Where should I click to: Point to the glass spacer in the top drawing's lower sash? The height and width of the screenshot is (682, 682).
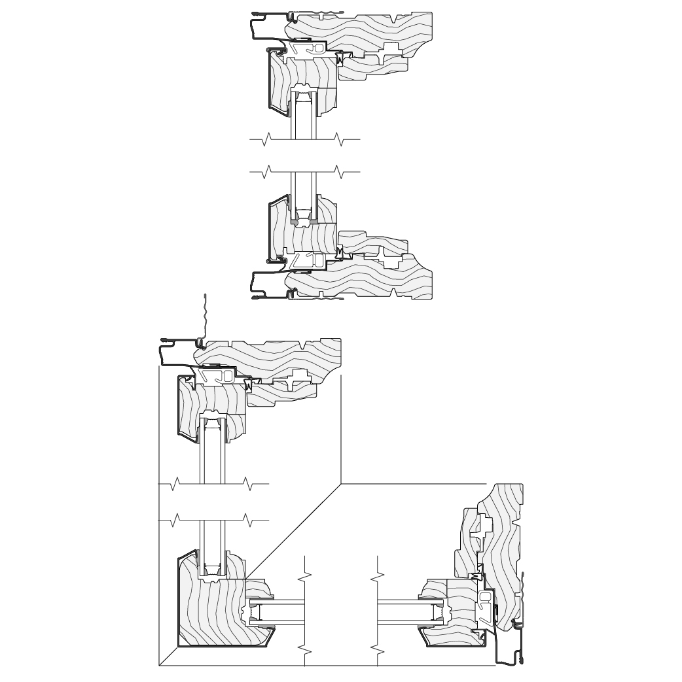tap(303, 213)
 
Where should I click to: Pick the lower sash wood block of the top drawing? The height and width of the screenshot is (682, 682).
tap(308, 239)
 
